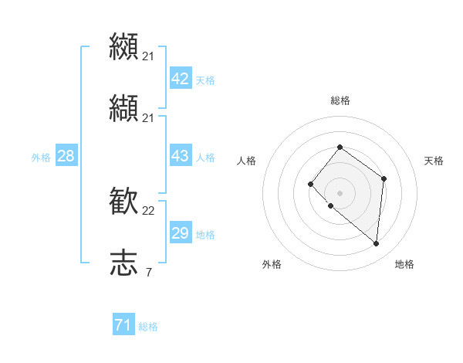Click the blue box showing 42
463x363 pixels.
(180, 79)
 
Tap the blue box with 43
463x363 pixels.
(180, 156)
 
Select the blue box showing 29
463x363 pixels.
(180, 233)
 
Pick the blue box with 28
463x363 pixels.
(66, 156)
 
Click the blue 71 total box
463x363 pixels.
(123, 325)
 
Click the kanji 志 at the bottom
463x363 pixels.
(123, 263)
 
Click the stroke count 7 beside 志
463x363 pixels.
(148, 272)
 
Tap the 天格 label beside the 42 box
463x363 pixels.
(205, 80)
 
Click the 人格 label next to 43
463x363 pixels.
(205, 158)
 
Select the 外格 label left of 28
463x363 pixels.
(41, 158)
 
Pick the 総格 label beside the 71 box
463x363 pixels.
(148, 327)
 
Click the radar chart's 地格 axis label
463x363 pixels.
(404, 264)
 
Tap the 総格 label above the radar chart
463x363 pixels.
(340, 100)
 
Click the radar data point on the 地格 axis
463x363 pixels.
(377, 244)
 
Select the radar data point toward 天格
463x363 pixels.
(384, 178)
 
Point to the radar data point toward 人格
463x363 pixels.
(310, 183)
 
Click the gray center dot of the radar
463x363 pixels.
(340, 193)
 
